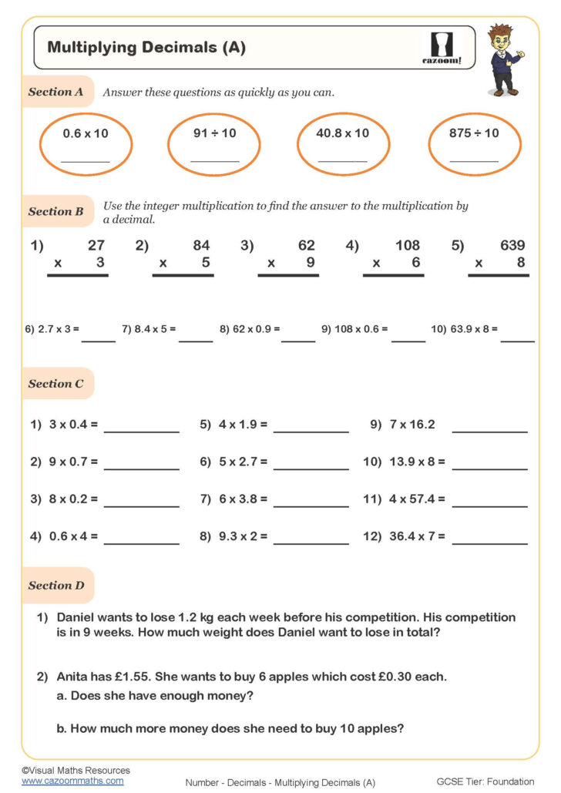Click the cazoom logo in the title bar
446,48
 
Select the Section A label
55,92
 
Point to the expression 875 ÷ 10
474,133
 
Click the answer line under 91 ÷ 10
215,161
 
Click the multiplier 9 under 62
311,263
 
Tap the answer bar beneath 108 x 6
392,275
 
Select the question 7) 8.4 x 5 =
149,329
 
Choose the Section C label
55,384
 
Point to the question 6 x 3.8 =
233,499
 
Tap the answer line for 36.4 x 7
489,544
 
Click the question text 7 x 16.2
412,425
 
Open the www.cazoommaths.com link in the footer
72,781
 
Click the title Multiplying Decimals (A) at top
146,47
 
